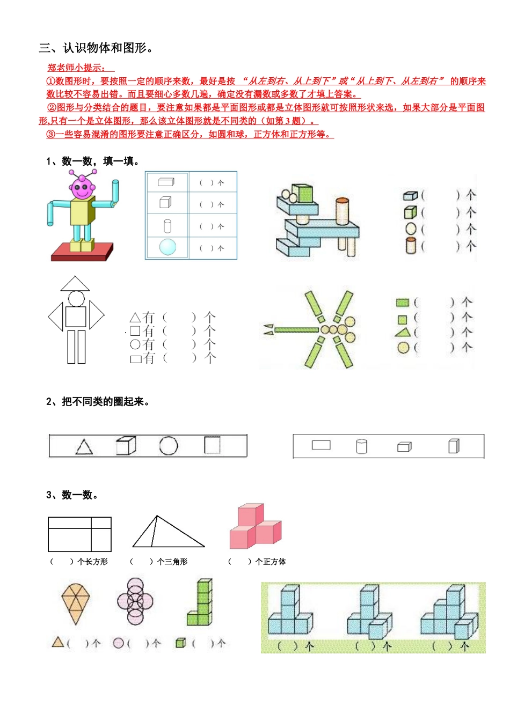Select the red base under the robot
pos(82,251)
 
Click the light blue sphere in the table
pos(167,247)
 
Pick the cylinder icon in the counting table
pos(167,226)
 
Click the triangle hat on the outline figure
pos(75,284)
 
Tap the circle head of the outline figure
pos(76,298)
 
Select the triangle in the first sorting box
pos(84,447)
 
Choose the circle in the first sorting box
pos(168,446)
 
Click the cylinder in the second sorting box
pos(361,446)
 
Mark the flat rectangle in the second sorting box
pos(321,445)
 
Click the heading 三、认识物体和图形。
pos(97,48)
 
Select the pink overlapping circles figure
pos(135,601)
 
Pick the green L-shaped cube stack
pos(201,603)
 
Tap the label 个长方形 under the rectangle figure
pos(92,562)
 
